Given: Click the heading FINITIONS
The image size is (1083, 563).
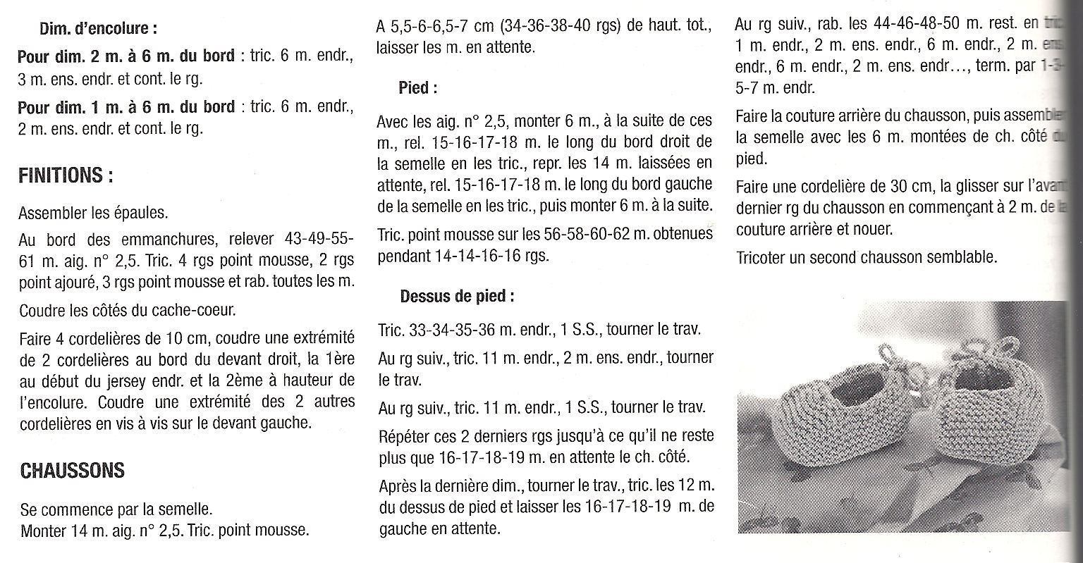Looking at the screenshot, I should coord(66,175).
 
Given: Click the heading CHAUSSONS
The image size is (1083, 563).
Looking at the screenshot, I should coord(73,470).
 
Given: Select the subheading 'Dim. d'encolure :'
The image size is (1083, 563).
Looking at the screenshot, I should coord(98,29).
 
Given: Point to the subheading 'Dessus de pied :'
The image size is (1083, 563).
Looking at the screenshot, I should coord(457,296).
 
